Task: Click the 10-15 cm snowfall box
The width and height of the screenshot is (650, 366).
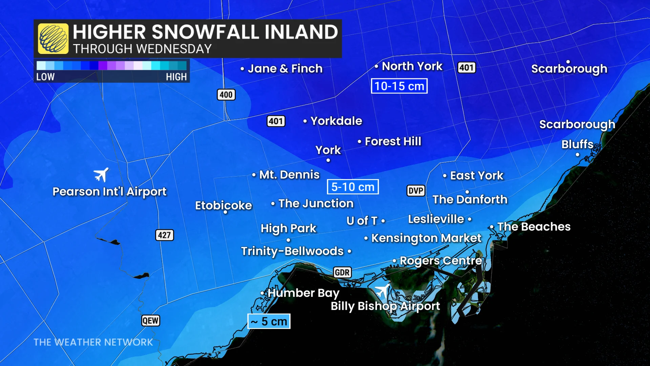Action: click(x=399, y=86)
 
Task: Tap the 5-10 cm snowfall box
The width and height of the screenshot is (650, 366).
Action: click(x=353, y=187)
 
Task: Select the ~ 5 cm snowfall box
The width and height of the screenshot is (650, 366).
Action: click(x=269, y=321)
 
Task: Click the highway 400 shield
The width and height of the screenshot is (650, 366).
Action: click(x=226, y=95)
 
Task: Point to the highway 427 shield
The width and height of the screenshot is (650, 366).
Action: click(x=164, y=235)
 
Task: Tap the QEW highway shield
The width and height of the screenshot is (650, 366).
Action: click(x=150, y=321)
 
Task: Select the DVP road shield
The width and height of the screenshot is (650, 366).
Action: click(x=416, y=191)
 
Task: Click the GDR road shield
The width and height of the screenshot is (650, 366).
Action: click(x=342, y=272)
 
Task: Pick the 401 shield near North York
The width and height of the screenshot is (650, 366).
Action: click(x=466, y=68)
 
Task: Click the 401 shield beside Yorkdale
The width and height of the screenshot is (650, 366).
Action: click(x=276, y=121)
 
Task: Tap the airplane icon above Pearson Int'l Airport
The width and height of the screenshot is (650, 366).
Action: click(x=101, y=175)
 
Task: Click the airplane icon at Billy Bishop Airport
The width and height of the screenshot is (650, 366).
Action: click(x=382, y=291)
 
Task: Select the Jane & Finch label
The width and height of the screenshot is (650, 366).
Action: click(x=285, y=69)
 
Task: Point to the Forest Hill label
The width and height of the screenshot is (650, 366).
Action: click(x=393, y=141)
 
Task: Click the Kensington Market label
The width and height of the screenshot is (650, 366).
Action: click(x=426, y=238)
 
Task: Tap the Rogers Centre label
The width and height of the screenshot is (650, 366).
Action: click(x=440, y=261)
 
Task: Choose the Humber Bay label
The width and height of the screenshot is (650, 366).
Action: click(x=303, y=293)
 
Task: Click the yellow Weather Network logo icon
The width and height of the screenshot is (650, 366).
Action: click(x=53, y=39)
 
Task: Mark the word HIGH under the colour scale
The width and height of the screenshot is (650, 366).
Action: click(x=176, y=77)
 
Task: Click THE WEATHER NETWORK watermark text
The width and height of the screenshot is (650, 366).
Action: click(x=93, y=342)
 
